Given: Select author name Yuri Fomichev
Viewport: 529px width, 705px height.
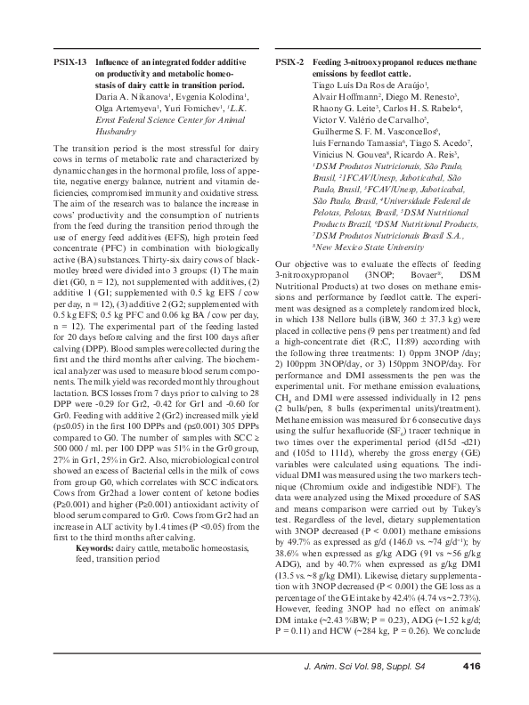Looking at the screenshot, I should click(x=191, y=106).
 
